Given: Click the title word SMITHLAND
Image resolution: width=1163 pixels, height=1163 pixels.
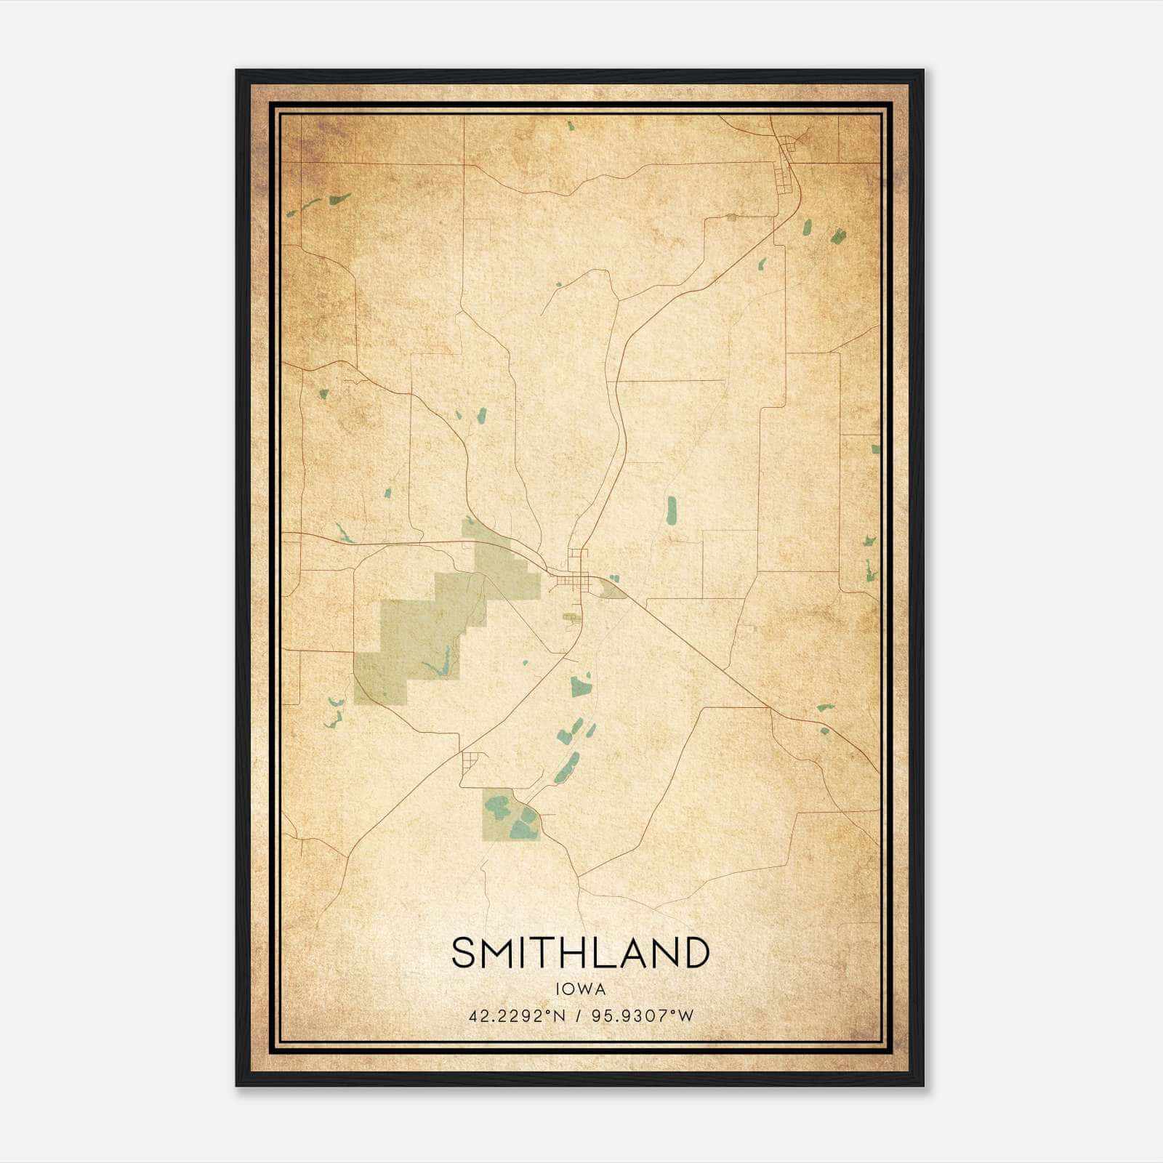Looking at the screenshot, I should (x=580, y=953).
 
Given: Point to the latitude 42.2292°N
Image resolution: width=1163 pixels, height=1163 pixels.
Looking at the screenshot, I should (x=517, y=1016).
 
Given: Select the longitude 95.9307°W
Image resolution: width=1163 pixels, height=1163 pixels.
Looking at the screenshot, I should (x=643, y=1016).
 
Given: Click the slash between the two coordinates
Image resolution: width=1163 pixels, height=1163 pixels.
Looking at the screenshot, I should (x=579, y=1016).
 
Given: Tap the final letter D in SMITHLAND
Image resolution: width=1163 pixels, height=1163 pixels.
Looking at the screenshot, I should (x=696, y=953).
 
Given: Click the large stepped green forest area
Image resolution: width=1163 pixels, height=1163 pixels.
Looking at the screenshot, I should (x=436, y=625).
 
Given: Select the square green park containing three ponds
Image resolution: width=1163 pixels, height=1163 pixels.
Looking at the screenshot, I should (x=511, y=815).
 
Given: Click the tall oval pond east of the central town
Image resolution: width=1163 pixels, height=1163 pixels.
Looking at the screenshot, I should (x=671, y=510).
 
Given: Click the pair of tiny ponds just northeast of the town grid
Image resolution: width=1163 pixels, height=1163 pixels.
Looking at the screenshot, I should (x=613, y=579).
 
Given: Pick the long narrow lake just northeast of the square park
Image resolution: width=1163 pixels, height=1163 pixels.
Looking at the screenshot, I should (x=566, y=768).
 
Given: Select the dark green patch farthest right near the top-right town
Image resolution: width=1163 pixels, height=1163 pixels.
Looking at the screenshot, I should (x=838, y=236).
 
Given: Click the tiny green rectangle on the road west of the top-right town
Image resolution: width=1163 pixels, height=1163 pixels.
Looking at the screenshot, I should (x=731, y=217).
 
